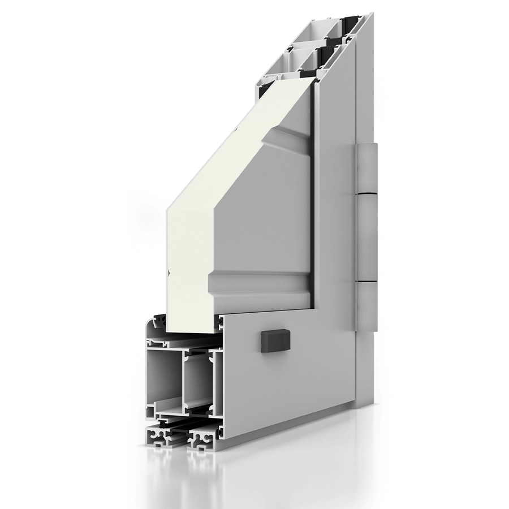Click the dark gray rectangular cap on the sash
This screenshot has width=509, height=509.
[x=270, y=341]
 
